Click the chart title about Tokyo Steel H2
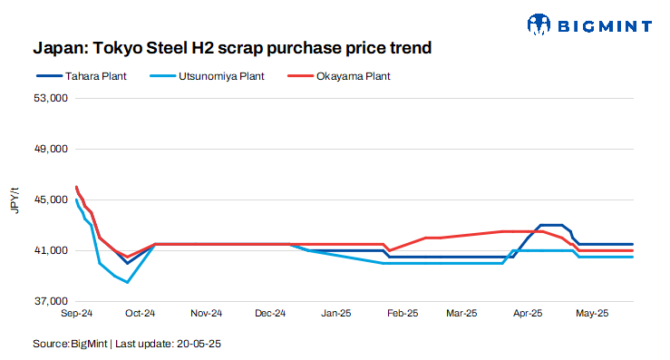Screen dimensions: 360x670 pyautogui.click(x=231, y=45)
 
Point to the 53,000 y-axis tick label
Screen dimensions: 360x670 pyautogui.click(x=53, y=98)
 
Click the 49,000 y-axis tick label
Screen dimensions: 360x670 pyautogui.click(x=53, y=149)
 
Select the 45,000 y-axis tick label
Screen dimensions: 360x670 pyautogui.click(x=53, y=199)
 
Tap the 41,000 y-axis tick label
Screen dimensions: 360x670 pyautogui.click(x=53, y=250)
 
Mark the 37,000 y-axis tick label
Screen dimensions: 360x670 pyautogui.click(x=53, y=301)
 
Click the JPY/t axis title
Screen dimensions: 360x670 pyautogui.click(x=15, y=199)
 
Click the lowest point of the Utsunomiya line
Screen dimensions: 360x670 pyautogui.click(x=128, y=282)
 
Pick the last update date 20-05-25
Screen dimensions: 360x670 pyautogui.click(x=199, y=345)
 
